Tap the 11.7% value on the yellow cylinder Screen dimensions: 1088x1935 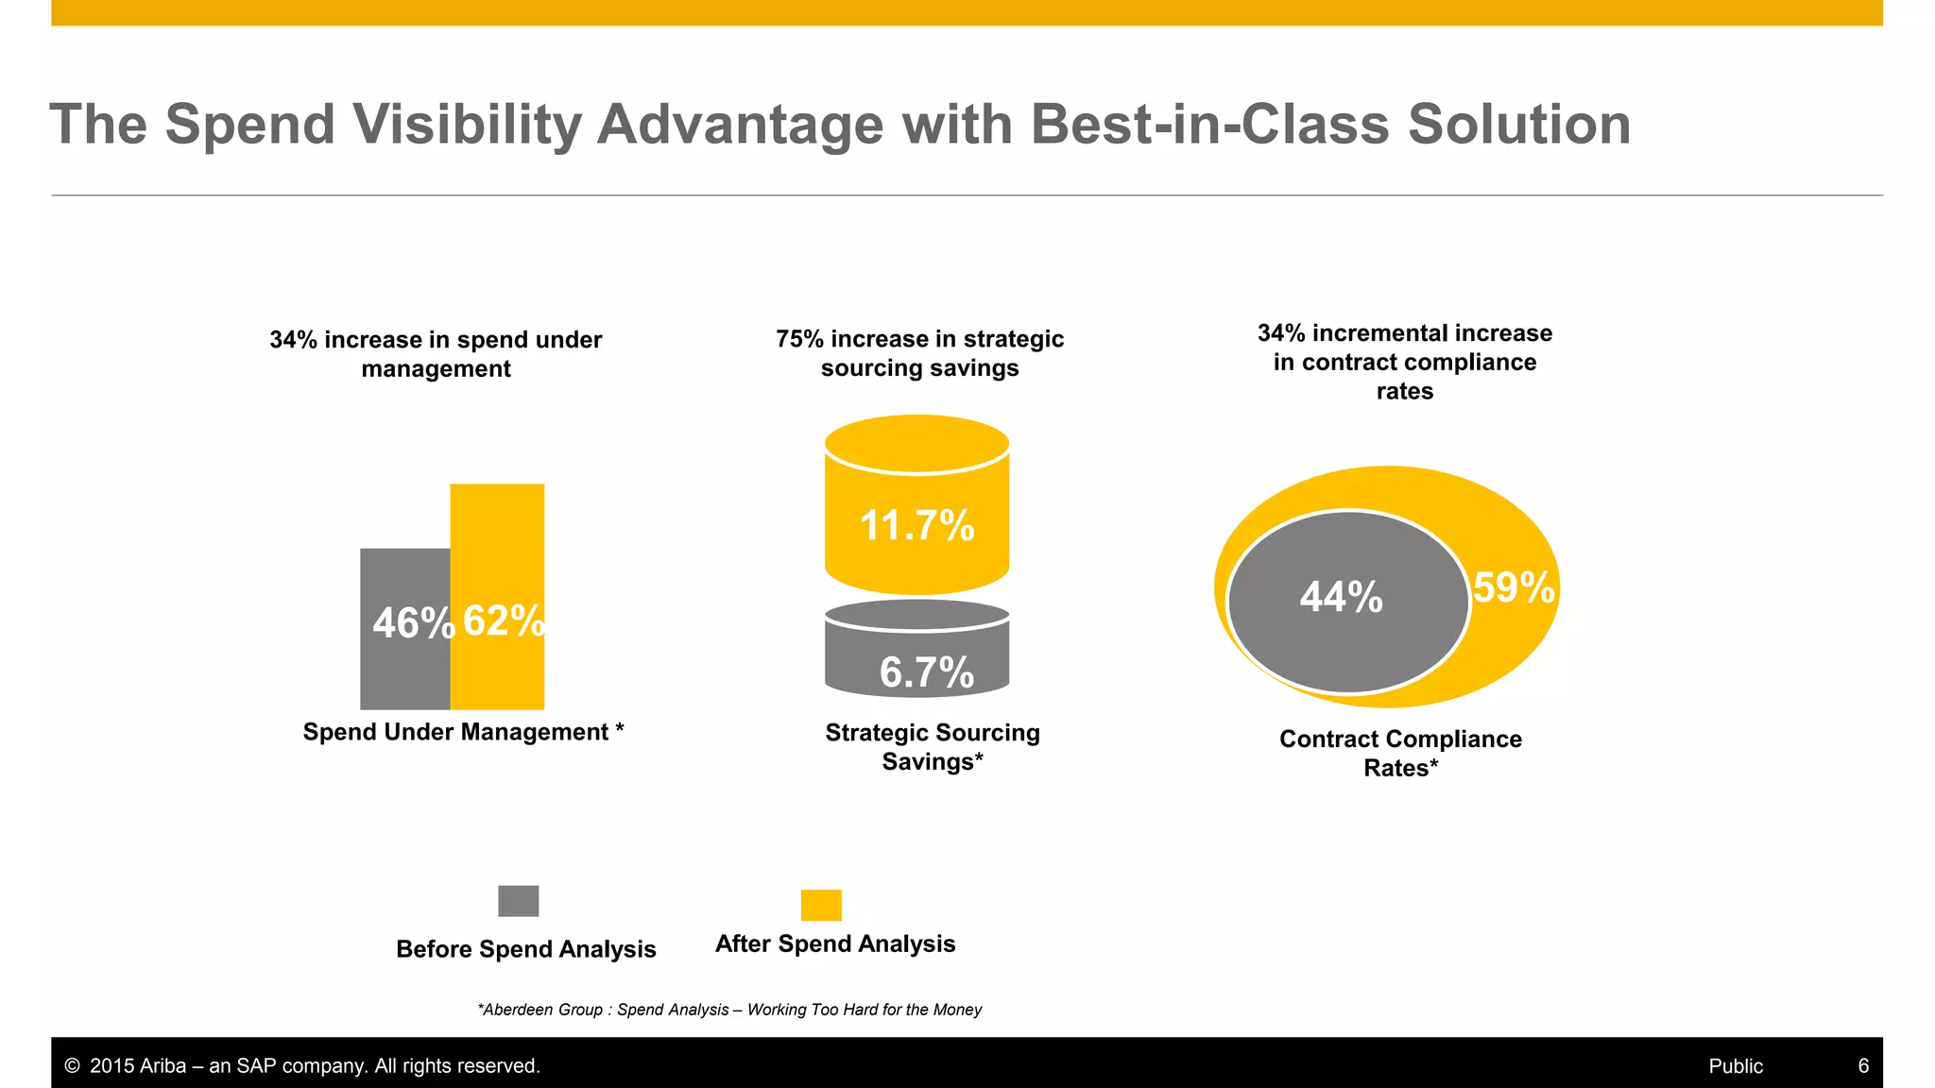[916, 525]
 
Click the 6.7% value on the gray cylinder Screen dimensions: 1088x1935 [926, 672]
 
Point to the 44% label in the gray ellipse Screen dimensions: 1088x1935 [1341, 597]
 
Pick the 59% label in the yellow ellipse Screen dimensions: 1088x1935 [1513, 587]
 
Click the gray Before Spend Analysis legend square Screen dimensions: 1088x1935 [518, 901]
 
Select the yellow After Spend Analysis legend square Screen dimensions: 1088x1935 [820, 905]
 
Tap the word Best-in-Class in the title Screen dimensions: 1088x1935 [1209, 125]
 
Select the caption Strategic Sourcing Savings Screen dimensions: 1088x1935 [932, 746]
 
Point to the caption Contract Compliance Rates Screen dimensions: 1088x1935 [1400, 753]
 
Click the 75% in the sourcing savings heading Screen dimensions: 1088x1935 [799, 339]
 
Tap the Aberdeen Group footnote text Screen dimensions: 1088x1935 [729, 1010]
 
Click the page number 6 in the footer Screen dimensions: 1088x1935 [1863, 1065]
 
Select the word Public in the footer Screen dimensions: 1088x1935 [1735, 1066]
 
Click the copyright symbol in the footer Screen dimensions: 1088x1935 [72, 1066]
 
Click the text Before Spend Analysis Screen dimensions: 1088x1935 [525, 949]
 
